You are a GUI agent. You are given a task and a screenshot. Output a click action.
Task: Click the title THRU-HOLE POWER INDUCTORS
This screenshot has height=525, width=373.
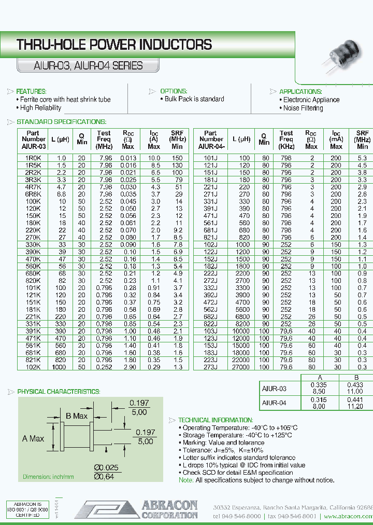tap(114, 45)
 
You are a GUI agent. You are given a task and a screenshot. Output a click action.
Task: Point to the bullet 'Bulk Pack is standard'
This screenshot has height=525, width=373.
tap(194, 99)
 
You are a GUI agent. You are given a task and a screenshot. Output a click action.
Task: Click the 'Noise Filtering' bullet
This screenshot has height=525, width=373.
tap(303, 108)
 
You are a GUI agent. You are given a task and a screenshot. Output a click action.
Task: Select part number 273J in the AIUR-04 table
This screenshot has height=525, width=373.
tap(210, 367)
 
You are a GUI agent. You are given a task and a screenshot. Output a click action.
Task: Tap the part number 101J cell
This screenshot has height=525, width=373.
tap(210, 158)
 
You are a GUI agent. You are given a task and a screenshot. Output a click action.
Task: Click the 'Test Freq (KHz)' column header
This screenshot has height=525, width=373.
tap(286, 140)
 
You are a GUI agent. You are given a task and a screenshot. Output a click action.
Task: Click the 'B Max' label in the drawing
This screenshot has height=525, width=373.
tap(77, 416)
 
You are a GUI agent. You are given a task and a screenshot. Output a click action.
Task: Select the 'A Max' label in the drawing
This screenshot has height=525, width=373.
tap(33, 438)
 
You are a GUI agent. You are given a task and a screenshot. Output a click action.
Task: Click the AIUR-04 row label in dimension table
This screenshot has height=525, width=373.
tap(274, 403)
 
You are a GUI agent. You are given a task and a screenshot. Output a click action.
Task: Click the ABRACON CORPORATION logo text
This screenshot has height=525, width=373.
tap(169, 509)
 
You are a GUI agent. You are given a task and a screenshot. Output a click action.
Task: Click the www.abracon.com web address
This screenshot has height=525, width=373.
tap(348, 517)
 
